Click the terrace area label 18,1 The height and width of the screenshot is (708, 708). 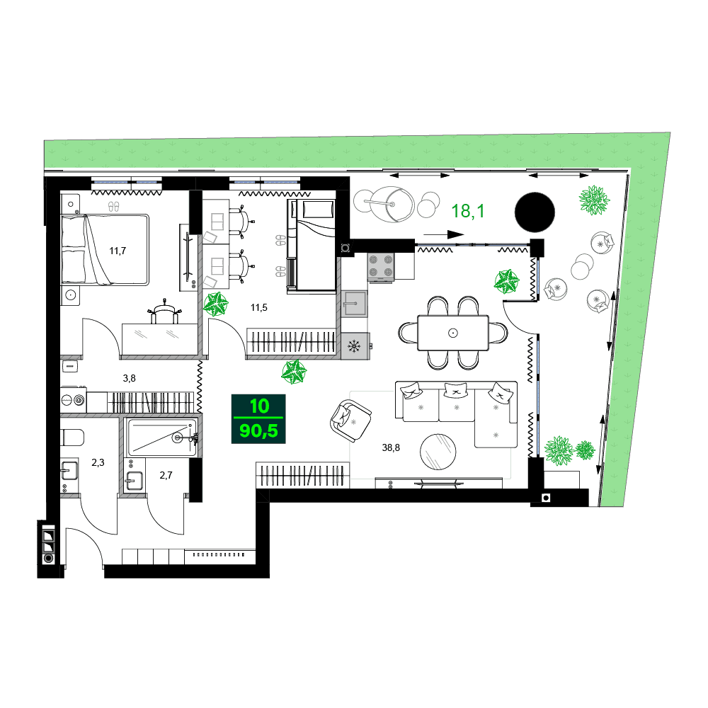468,211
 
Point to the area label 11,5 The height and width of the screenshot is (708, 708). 260,308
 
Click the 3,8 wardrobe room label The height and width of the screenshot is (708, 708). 129,378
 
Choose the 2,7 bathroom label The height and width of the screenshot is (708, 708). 166,475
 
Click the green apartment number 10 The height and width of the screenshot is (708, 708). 259,407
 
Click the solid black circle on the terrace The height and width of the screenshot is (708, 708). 536,212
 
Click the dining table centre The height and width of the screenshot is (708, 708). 453,332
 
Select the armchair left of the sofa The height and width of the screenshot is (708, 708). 350,421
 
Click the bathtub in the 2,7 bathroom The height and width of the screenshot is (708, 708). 161,438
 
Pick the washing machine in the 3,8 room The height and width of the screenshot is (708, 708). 74,400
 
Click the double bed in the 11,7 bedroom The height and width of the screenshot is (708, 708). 106,249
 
